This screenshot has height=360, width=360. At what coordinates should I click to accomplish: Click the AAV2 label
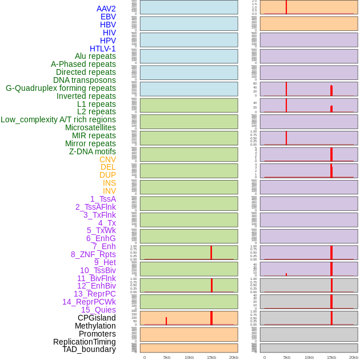106,9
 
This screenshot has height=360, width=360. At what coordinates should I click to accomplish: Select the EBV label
108,17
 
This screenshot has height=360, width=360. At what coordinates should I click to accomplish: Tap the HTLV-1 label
102,49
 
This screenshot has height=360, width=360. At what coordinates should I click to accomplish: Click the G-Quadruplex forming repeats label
61,88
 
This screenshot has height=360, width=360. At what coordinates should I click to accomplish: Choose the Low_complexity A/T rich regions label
58,119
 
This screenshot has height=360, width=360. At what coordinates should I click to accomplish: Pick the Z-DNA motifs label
93,151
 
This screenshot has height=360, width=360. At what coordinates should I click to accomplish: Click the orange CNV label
107,159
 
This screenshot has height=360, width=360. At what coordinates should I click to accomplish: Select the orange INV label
109,191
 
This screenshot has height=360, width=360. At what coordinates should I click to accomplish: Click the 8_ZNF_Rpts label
93,254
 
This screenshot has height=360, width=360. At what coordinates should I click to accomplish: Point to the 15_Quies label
98,310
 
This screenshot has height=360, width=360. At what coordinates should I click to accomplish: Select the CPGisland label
97,318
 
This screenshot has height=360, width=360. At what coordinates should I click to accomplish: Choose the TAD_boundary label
89,349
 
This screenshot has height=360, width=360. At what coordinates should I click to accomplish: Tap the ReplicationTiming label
85,342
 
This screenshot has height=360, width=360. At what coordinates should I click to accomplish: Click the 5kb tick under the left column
167,357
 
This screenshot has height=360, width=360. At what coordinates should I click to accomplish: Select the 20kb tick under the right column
354,357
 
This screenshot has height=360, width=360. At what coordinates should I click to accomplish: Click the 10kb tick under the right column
309,357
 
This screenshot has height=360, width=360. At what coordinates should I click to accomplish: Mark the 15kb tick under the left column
211,357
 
